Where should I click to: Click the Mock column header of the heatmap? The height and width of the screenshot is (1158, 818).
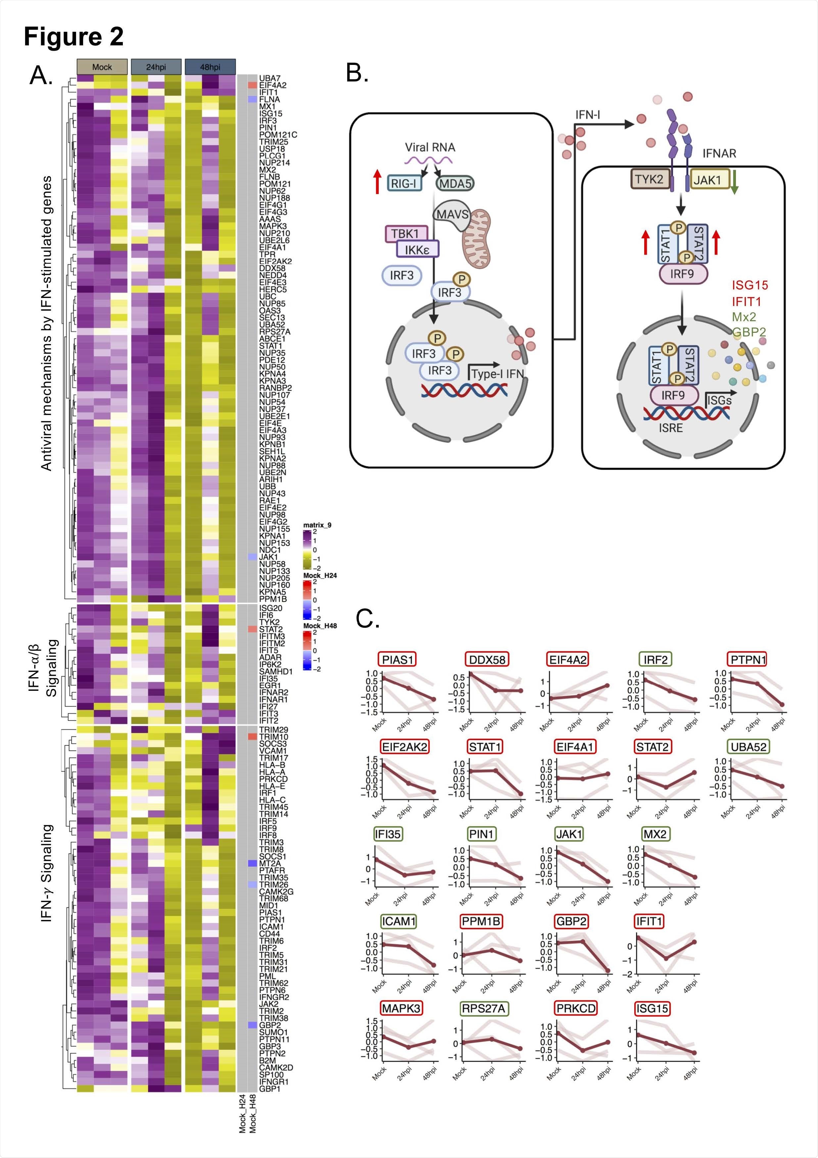click(x=102, y=67)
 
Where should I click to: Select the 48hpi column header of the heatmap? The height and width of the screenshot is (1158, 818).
click(x=210, y=67)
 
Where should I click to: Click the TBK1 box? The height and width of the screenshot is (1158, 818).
click(x=406, y=233)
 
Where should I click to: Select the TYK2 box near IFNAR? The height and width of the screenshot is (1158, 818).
click(x=649, y=179)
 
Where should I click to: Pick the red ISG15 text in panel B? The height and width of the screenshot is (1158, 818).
click(x=750, y=285)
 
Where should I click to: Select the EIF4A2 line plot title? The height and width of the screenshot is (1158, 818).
click(x=567, y=660)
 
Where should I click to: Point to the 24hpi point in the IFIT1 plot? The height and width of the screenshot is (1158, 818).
click(x=666, y=958)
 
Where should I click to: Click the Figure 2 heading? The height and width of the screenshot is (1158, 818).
click(x=73, y=36)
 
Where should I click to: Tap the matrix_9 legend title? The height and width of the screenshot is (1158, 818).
click(x=317, y=525)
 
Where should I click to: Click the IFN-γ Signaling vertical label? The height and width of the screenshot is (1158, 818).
click(x=47, y=873)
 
